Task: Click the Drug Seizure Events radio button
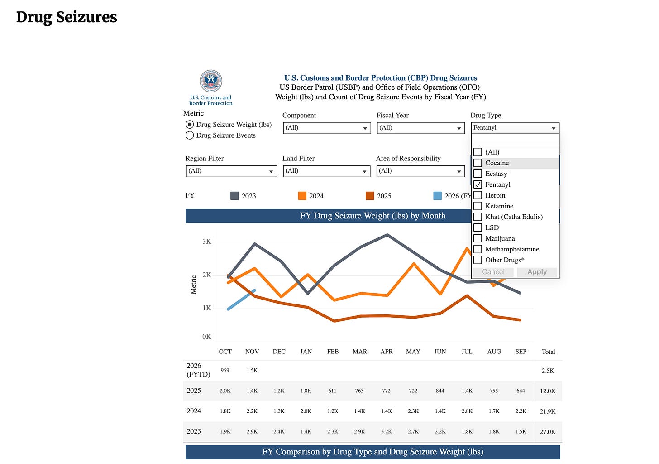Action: click(x=190, y=135)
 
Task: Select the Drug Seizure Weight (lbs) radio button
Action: click(x=190, y=125)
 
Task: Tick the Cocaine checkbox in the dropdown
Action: click(x=478, y=163)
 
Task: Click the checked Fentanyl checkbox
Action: click(x=478, y=184)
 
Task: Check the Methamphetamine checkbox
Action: click(x=478, y=249)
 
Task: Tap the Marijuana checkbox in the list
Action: click(x=478, y=238)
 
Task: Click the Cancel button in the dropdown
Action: click(x=493, y=272)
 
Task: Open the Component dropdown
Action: click(x=326, y=128)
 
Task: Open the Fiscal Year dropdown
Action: click(x=420, y=128)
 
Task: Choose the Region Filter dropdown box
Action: click(x=231, y=171)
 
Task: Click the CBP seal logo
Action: click(x=211, y=81)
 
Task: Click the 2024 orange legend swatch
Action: click(x=302, y=196)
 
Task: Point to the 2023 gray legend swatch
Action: click(x=234, y=196)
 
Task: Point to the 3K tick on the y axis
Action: click(x=207, y=242)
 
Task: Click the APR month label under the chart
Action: click(x=387, y=352)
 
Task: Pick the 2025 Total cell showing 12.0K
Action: click(x=548, y=391)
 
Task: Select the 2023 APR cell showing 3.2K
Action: click(x=386, y=432)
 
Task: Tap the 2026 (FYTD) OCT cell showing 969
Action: click(x=225, y=371)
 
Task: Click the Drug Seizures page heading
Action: click(x=67, y=17)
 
